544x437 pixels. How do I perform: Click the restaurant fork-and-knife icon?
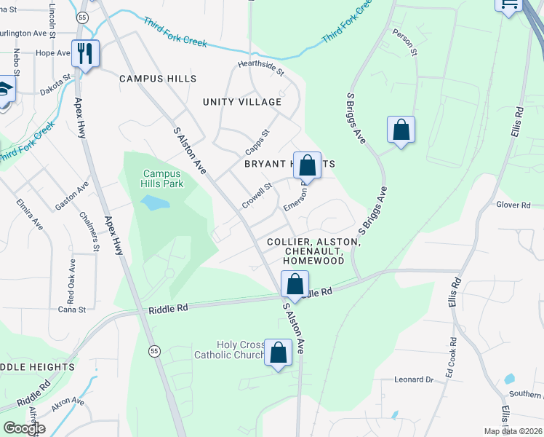(85, 53)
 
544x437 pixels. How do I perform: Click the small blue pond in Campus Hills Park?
(151, 202)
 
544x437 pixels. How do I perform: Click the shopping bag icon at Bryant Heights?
(308, 165)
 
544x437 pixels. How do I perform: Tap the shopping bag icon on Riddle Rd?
(295, 284)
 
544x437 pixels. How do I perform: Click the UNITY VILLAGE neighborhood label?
(241, 102)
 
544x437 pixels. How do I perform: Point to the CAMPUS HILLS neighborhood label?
(158, 79)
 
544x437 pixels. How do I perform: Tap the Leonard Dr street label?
(413, 379)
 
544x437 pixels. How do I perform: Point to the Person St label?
(404, 43)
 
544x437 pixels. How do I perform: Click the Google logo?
(24, 428)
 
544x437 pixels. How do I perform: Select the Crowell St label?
(257, 195)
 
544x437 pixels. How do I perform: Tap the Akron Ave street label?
(68, 401)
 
